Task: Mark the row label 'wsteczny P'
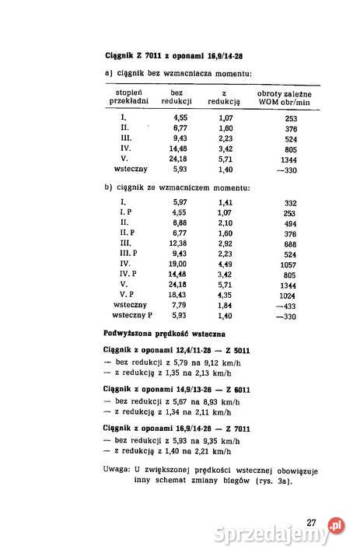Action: click(131, 316)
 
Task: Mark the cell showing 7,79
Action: click(177, 306)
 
